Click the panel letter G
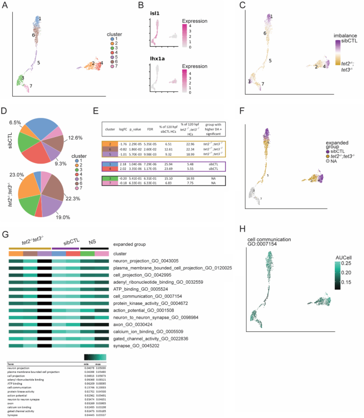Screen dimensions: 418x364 [6, 219]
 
